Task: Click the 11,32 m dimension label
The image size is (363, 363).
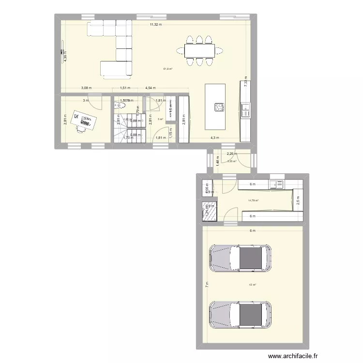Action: (155, 25)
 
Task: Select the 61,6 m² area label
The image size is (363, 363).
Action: (168, 69)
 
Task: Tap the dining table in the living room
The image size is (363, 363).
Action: (199, 50)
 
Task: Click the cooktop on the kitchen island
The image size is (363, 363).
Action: (219, 107)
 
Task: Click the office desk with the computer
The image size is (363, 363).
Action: (83, 121)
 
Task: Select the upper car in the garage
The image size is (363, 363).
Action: (240, 257)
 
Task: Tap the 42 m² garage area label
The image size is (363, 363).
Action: (252, 285)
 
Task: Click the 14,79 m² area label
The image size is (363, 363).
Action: (253, 200)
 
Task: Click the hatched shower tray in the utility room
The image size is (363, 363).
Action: (209, 212)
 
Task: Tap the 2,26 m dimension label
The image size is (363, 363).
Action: (231, 154)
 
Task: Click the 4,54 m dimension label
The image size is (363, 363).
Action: (151, 88)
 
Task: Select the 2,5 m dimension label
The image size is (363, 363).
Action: (299, 200)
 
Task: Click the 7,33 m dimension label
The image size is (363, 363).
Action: (246, 83)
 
